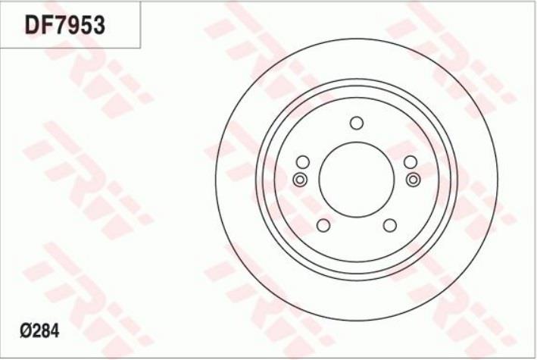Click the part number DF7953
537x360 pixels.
tap(64, 25)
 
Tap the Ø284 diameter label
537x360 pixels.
tap(39, 331)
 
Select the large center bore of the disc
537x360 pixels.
tap(357, 180)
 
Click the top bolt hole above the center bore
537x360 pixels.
tap(357, 123)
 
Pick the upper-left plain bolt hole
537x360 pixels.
tap(303, 162)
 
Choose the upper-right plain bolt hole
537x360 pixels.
tap(411, 162)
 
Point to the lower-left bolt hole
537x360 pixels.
tap(323, 225)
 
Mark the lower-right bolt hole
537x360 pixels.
tap(390, 225)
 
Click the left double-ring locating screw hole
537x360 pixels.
tap(300, 180)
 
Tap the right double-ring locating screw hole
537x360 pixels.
tap(414, 180)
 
